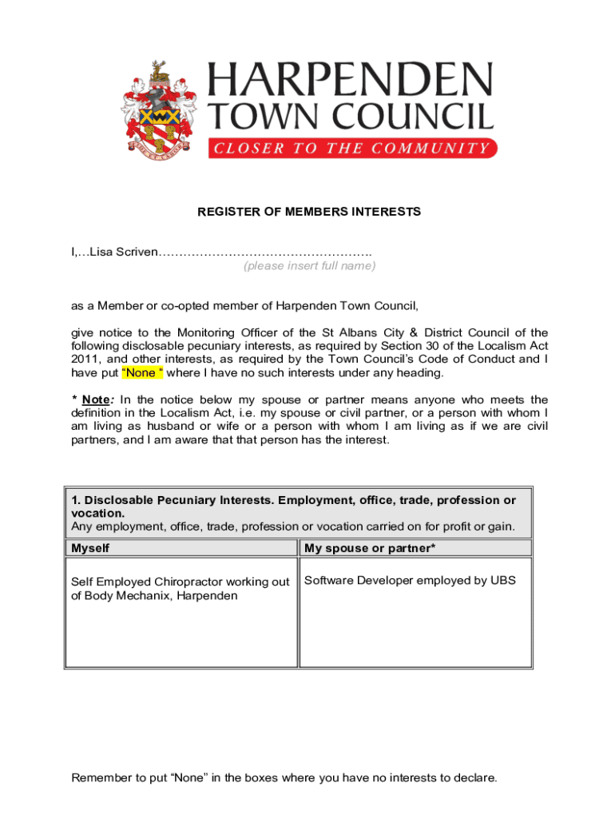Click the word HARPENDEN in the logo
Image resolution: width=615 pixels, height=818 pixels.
(351, 81)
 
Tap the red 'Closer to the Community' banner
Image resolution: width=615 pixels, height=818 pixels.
(352, 148)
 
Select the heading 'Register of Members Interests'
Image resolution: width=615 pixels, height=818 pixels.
(309, 212)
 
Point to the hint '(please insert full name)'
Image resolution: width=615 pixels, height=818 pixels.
(309, 266)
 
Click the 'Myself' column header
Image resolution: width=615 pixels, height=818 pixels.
(90, 548)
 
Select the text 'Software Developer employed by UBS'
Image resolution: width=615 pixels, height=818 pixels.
(410, 580)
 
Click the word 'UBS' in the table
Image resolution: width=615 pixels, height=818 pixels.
(503, 580)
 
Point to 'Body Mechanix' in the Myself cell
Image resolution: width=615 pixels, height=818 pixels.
(126, 596)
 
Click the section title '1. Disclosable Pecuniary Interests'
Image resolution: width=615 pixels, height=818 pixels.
(172, 500)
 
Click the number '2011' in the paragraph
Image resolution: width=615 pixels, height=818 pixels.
(85, 359)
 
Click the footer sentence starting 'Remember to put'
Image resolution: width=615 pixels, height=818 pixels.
(284, 777)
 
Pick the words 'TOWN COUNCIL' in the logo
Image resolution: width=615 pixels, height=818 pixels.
(351, 117)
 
